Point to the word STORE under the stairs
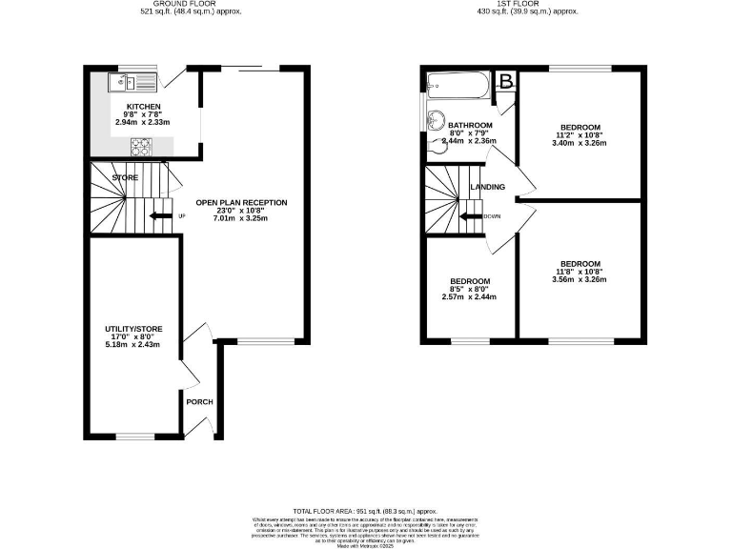pyautogui.click(x=125, y=177)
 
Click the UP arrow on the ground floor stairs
pyautogui.click(x=158, y=215)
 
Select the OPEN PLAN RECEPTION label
pyautogui.click(x=240, y=203)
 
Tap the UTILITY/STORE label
pyautogui.click(x=133, y=329)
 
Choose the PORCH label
pyautogui.click(x=199, y=401)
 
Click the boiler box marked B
pyautogui.click(x=506, y=80)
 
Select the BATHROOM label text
pyautogui.click(x=470, y=126)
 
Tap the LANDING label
pyautogui.click(x=487, y=187)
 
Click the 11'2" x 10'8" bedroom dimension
pyautogui.click(x=579, y=135)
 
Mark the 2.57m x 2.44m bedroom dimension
pyautogui.click(x=470, y=296)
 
